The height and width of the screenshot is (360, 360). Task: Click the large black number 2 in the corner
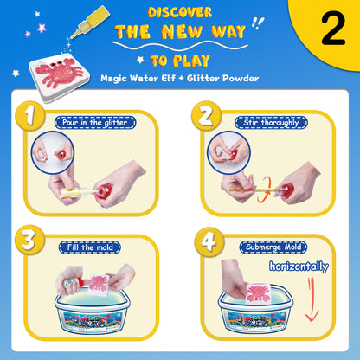(x=333, y=29)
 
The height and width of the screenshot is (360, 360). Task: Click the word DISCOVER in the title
(x=180, y=12)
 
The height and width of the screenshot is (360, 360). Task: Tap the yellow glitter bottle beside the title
(x=90, y=22)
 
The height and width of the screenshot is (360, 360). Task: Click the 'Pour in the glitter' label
(x=95, y=123)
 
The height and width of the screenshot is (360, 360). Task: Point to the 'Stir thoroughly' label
(x=271, y=122)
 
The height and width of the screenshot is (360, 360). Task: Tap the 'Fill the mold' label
(x=90, y=247)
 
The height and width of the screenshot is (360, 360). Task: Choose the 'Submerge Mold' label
(x=273, y=247)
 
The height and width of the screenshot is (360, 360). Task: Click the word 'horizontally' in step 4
(x=299, y=267)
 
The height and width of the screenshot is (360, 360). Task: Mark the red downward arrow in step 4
(x=312, y=299)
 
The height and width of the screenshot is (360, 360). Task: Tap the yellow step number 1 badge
(x=30, y=116)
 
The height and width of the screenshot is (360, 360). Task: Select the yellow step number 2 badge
(x=207, y=116)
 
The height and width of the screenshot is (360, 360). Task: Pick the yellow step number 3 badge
(x=30, y=240)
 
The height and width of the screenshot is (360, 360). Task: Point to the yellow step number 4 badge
(x=209, y=242)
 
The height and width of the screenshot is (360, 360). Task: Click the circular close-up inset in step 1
(x=52, y=152)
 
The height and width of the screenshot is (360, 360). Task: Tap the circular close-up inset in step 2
(x=228, y=152)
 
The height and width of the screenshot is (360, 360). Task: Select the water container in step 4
(x=256, y=309)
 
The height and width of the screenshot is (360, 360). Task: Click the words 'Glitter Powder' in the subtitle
(x=222, y=78)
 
